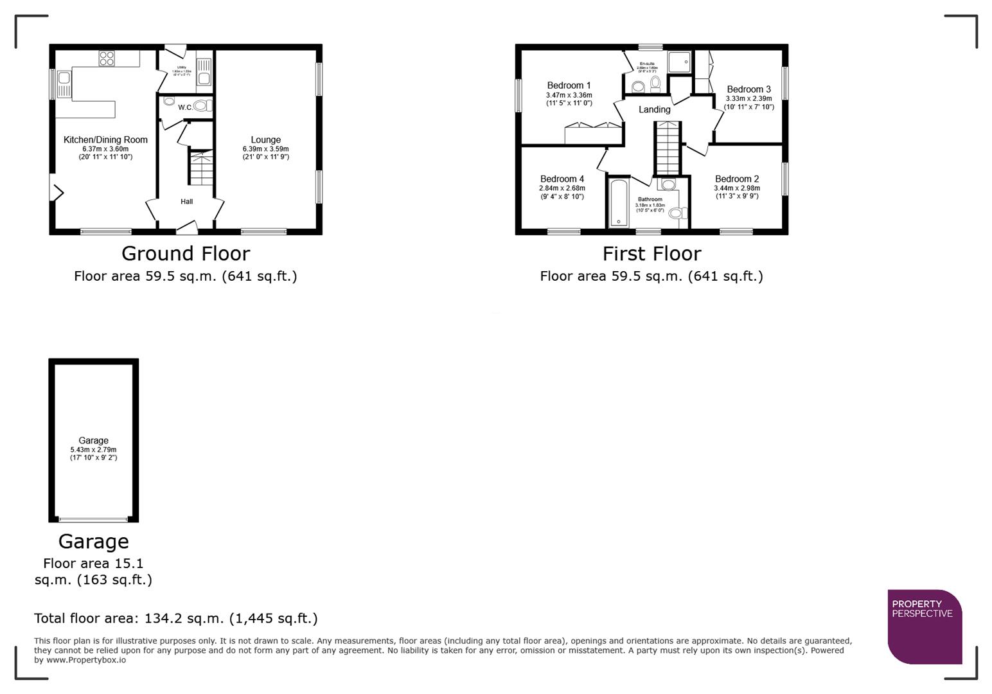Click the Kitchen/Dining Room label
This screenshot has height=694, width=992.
point(105,140)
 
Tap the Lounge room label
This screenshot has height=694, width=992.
point(265,140)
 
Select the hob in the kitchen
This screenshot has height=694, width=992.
point(107,58)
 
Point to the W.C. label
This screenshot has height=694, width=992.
point(185,107)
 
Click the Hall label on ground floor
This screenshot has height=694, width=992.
point(186,202)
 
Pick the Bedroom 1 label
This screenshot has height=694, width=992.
point(569,85)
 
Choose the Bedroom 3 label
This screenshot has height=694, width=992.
point(748,89)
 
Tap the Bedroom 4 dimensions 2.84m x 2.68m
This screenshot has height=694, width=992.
point(562,188)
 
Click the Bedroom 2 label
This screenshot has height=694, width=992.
point(737,179)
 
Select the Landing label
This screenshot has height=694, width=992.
point(654,110)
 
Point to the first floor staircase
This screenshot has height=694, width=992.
point(667,148)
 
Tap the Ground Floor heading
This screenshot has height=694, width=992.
point(186,254)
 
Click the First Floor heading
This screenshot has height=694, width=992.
point(651,254)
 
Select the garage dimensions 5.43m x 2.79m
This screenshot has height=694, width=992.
point(93,450)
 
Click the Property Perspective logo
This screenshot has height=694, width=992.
point(924,626)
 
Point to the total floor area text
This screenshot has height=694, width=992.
point(175,619)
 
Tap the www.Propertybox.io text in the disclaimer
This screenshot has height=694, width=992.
point(86,660)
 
